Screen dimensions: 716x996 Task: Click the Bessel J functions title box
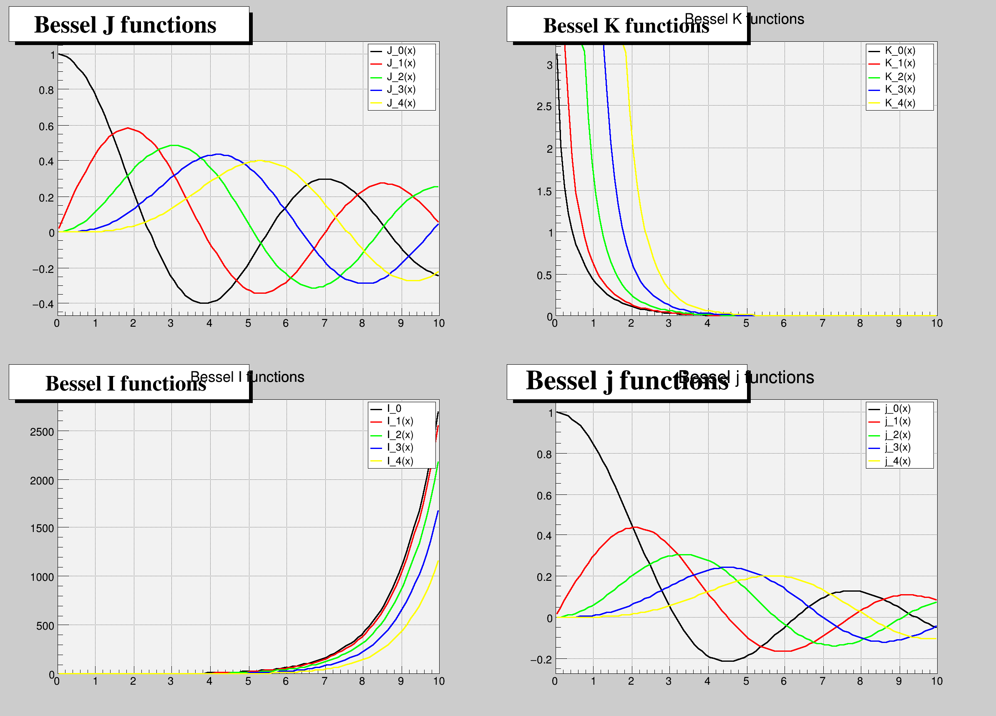click(129, 24)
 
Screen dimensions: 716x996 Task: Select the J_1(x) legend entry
click(401, 63)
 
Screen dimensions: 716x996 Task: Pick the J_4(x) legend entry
click(401, 103)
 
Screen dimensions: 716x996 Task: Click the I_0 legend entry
click(394, 408)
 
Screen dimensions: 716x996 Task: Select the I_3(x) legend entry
click(400, 448)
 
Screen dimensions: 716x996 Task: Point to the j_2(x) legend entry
click(898, 435)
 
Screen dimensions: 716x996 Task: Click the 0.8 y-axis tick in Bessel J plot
click(46, 91)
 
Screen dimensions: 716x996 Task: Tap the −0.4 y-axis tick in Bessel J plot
click(43, 304)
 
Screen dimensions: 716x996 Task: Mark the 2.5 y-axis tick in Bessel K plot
click(544, 107)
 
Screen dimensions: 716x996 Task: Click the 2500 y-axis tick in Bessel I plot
click(42, 432)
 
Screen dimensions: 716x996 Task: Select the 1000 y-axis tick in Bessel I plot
click(42, 577)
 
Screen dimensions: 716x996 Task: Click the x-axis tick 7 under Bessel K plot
click(822, 324)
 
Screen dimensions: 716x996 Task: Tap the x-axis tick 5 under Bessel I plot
click(248, 681)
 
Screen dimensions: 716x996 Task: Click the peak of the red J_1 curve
click(128, 128)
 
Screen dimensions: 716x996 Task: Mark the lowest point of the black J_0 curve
click(205, 303)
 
